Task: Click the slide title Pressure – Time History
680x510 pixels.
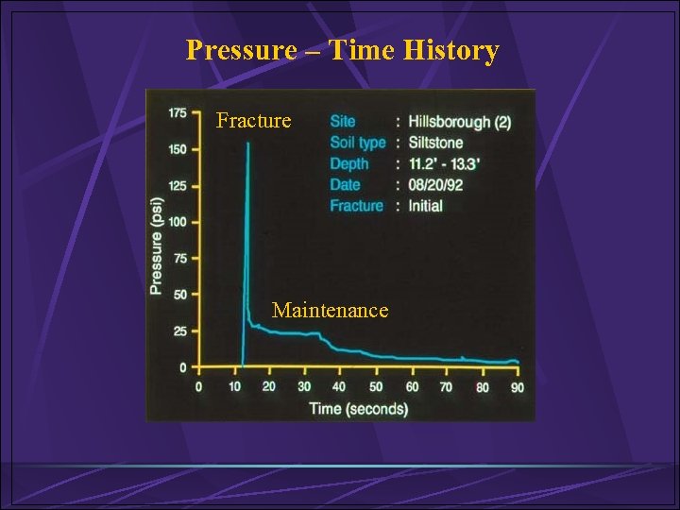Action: [342, 49]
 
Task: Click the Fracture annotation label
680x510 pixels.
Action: [253, 121]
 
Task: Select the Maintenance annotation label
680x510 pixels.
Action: [330, 310]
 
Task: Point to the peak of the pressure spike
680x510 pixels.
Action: [247, 144]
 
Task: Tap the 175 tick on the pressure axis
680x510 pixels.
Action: [178, 113]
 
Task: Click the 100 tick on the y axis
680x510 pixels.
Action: [178, 222]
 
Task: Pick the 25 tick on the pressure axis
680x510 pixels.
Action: [179, 331]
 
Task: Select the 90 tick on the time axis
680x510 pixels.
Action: [518, 387]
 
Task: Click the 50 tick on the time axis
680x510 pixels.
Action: [375, 387]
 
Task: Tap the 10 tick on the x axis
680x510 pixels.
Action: [233, 387]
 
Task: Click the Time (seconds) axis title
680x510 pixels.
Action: [359, 409]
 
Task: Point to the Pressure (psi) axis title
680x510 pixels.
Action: [157, 246]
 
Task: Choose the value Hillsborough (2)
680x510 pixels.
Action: [461, 122]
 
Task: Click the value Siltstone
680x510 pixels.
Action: [436, 143]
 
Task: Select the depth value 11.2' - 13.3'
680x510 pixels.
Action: [445, 163]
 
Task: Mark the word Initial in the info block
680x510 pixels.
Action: [426, 205]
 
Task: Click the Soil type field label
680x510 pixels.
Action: [358, 143]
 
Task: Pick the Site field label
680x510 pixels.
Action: [343, 122]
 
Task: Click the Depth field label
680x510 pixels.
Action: [349, 163]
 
